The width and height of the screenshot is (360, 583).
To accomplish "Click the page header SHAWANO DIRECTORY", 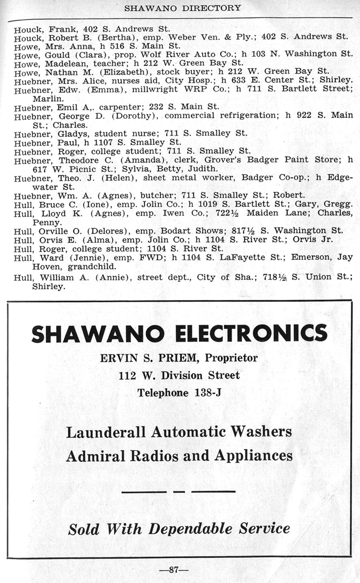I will coord(183,8).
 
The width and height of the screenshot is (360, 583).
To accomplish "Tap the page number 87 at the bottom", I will coord(174,570).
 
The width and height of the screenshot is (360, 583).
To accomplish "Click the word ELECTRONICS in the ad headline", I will coord(251,333).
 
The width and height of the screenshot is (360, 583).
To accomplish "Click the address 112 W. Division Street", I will coord(179,375).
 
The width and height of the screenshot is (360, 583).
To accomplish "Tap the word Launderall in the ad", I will coord(108,431).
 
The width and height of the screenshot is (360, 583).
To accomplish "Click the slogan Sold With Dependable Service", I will coord(179,528).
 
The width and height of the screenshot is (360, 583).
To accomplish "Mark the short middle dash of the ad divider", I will coord(179,491).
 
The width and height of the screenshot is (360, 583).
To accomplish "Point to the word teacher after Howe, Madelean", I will coord(110,62).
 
